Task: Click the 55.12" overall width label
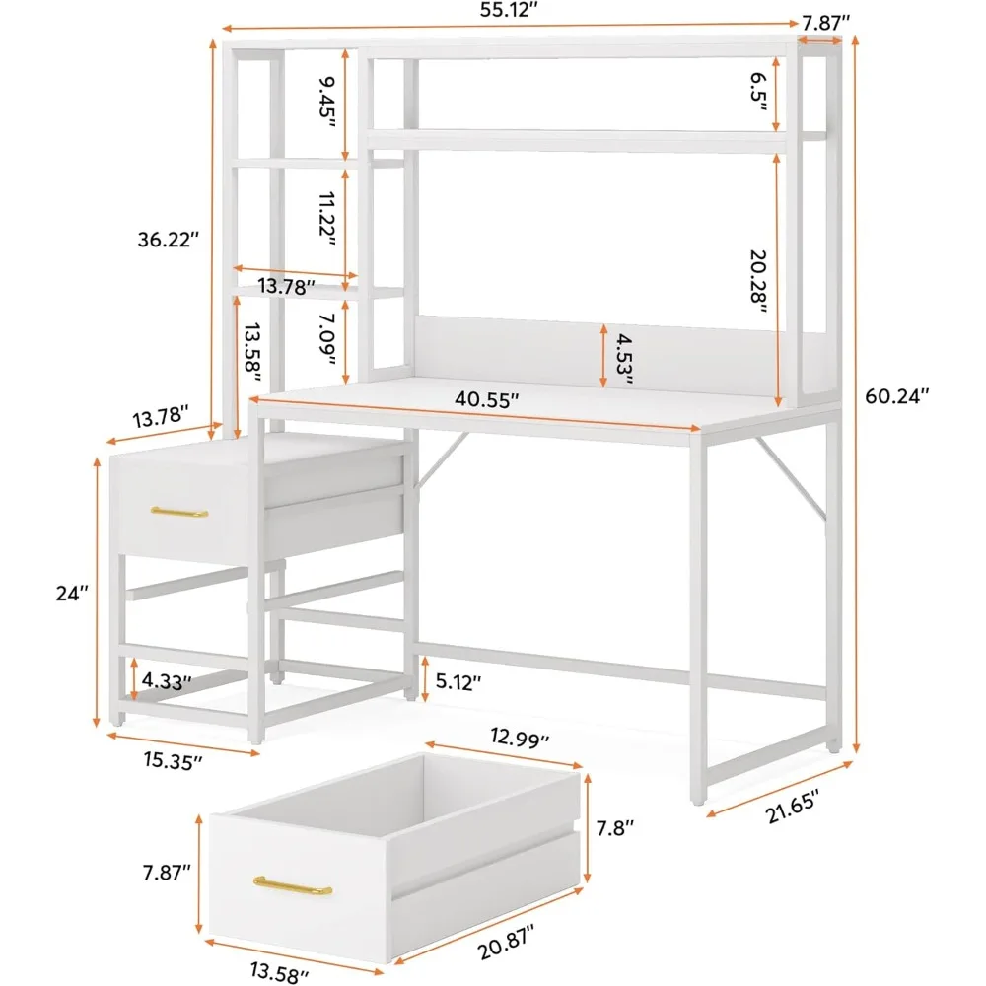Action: pos(504,11)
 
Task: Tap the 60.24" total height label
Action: pos(897,396)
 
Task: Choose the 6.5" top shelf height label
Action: pos(758,94)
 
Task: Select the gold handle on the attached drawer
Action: pos(179,512)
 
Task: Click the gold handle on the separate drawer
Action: pos(292,885)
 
